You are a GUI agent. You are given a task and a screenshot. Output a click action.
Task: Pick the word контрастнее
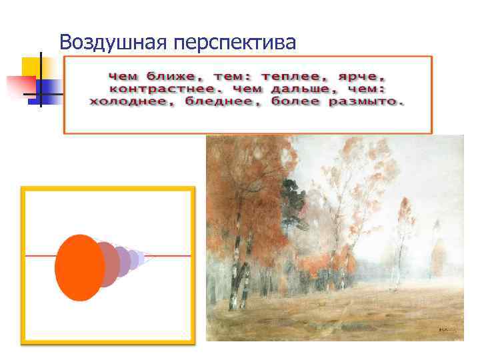point(156,89)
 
